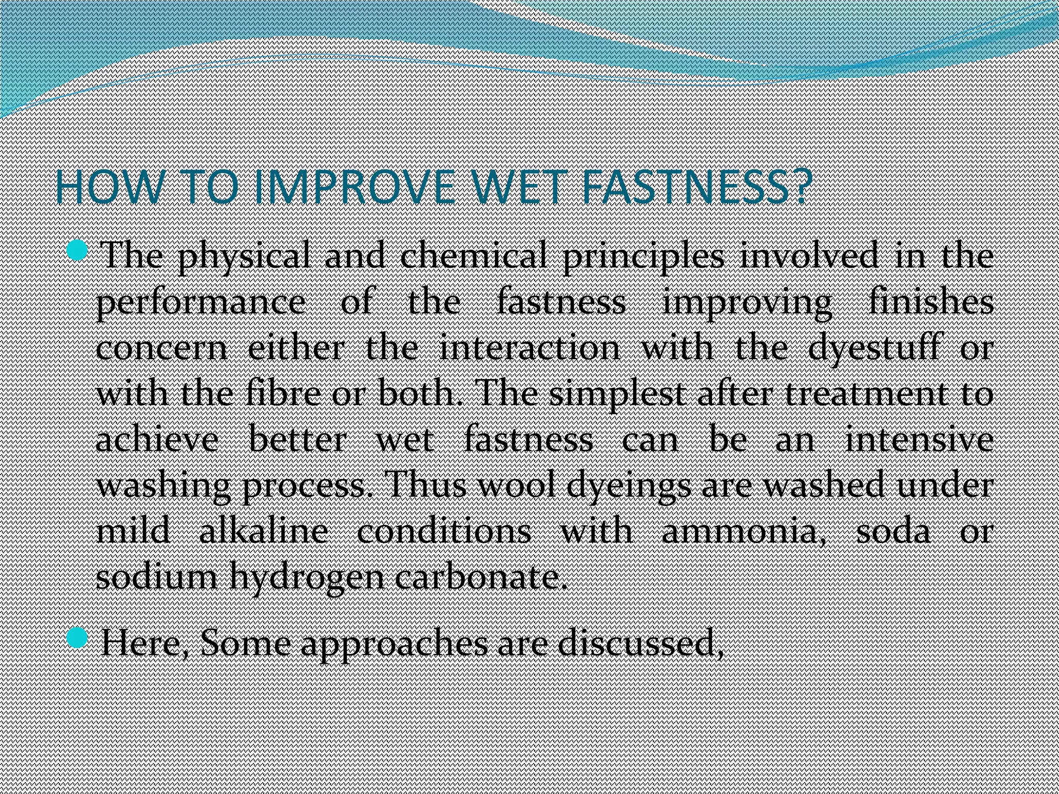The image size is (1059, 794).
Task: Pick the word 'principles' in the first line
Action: (x=643, y=257)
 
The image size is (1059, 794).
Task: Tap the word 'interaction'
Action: (x=530, y=348)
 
